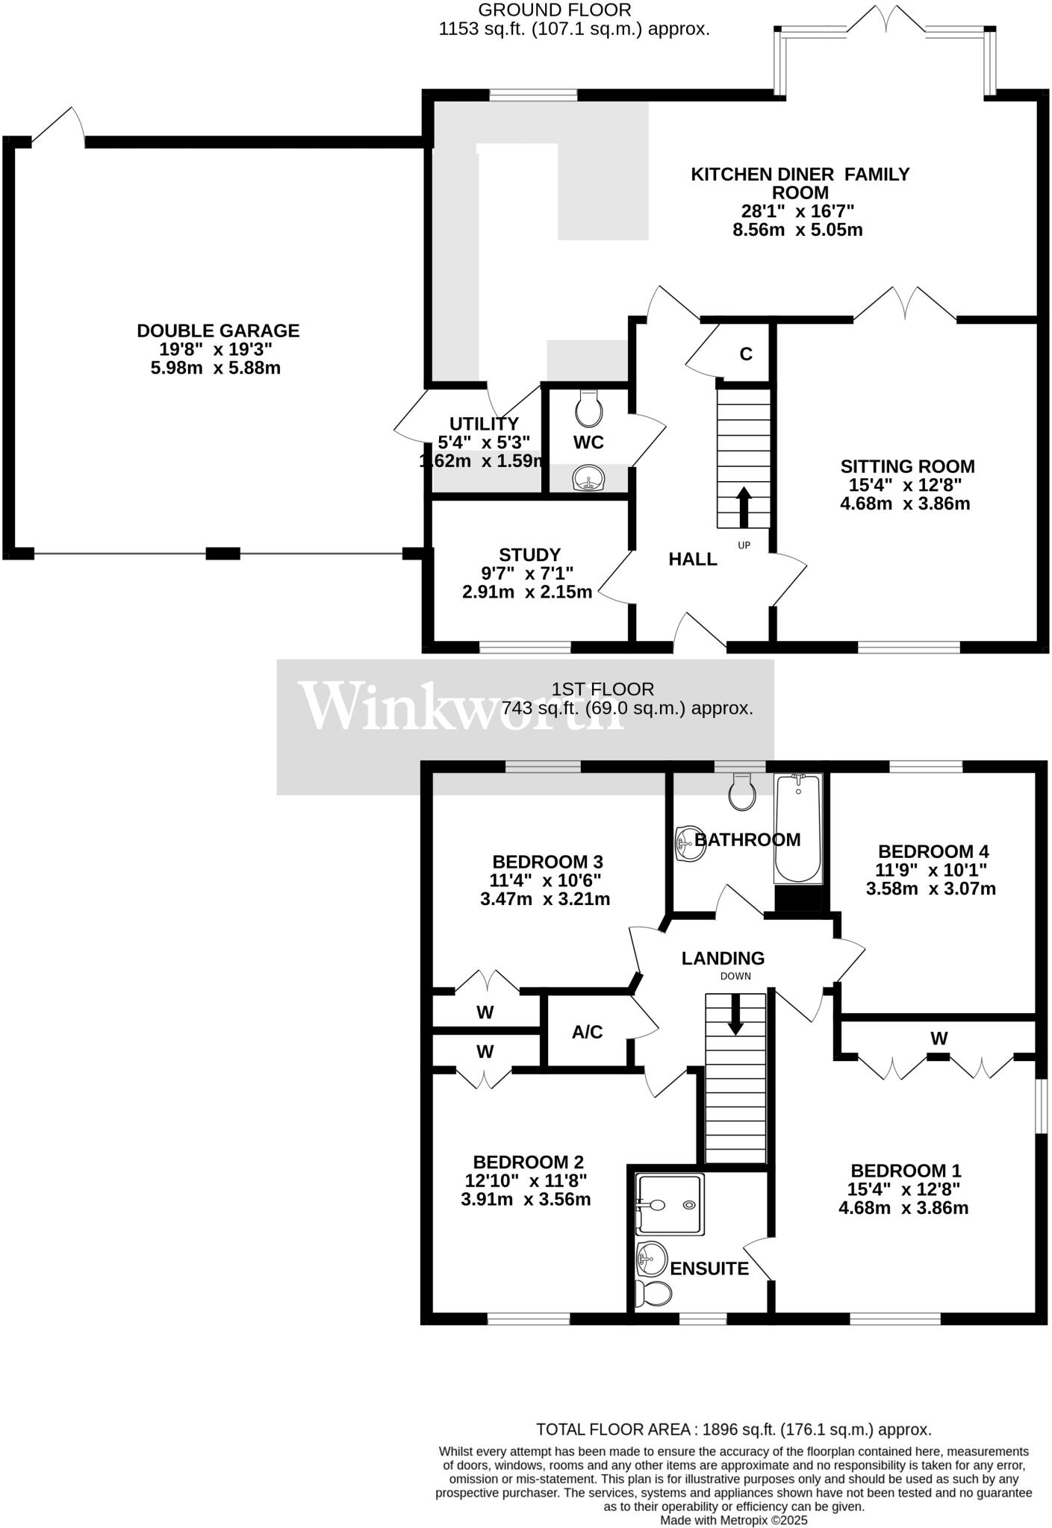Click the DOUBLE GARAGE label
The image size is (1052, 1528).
click(218, 331)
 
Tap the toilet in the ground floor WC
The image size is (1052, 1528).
click(590, 407)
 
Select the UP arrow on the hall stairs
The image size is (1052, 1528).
click(744, 507)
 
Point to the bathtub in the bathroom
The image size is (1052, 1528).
click(798, 829)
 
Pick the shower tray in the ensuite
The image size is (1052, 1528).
click(670, 1204)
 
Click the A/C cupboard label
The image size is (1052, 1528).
click(587, 1033)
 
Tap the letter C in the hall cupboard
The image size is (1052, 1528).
click(745, 354)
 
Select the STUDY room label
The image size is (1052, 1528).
click(529, 555)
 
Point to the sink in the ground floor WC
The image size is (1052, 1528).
click(589, 477)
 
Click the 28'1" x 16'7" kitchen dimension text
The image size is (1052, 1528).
click(797, 211)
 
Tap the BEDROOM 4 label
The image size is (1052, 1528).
click(933, 851)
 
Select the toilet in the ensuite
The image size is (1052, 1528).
click(651, 1294)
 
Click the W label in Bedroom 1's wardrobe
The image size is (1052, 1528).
click(939, 1038)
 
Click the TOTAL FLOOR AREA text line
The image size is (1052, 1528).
click(733, 1430)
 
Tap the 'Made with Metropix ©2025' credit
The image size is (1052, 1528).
click(733, 1520)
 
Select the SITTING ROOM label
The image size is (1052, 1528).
click(907, 466)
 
